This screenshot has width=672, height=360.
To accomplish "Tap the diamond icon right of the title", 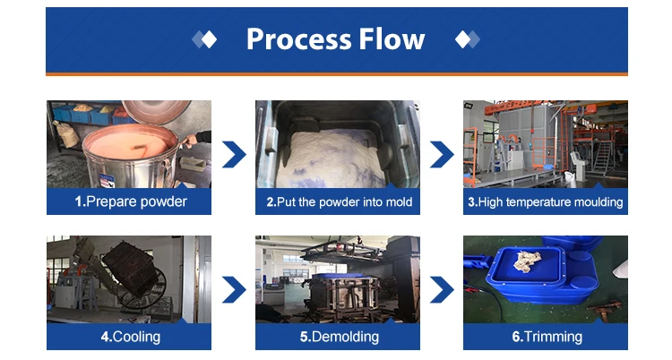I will (x=466, y=39).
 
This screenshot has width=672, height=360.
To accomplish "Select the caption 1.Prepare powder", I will (x=130, y=201).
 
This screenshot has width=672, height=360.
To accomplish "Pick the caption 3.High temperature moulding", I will (x=545, y=201).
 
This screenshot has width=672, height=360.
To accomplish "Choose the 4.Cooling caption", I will (x=130, y=337).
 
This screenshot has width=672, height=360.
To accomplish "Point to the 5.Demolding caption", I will (x=338, y=337).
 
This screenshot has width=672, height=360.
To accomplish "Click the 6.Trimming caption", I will (x=546, y=337).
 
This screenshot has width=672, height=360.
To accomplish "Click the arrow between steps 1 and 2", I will (x=234, y=154).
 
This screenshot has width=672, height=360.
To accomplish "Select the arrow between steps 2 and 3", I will (x=442, y=154).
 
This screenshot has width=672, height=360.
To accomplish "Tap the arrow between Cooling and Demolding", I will (x=234, y=290).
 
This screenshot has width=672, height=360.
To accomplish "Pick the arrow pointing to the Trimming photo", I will (x=442, y=290).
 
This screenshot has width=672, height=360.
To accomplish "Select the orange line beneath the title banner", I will (x=336, y=73).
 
